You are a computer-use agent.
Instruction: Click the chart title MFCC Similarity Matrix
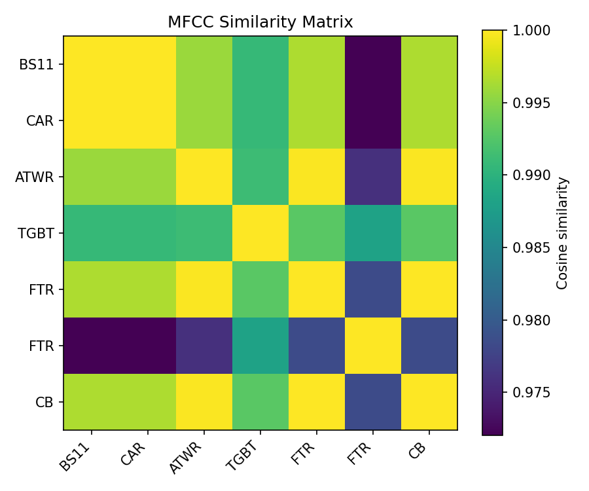(x=260, y=22)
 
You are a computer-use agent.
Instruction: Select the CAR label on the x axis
(x=134, y=452)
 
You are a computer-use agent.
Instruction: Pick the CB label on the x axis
(x=419, y=451)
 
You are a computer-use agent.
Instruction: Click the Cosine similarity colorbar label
(x=562, y=232)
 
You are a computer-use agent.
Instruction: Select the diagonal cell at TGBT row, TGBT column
(x=260, y=233)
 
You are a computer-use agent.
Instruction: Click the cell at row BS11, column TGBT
(x=260, y=64)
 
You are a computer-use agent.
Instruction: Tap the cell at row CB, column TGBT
(x=260, y=402)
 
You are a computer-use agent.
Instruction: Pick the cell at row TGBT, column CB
(x=429, y=233)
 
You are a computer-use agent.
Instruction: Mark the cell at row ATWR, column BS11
(x=92, y=177)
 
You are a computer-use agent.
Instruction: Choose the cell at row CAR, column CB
(x=429, y=120)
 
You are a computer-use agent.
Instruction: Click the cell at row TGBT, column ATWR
(x=204, y=233)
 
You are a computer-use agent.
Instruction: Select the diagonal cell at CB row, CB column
(x=429, y=402)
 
